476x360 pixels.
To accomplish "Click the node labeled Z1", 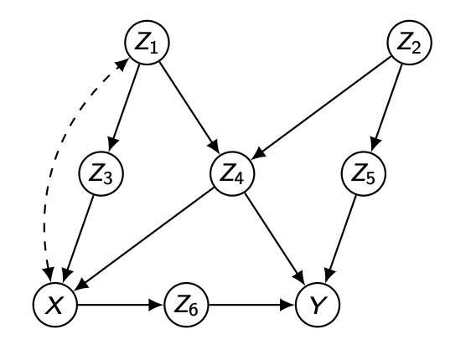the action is pyautogui.click(x=147, y=43).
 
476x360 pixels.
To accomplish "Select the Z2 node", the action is pyautogui.click(x=410, y=43).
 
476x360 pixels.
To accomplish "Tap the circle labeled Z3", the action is pyautogui.click(x=101, y=174).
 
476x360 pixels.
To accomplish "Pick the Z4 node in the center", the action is pyautogui.click(x=232, y=174).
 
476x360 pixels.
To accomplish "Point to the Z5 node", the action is pyautogui.click(x=364, y=174).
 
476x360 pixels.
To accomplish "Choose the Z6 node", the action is pyautogui.click(x=186, y=305).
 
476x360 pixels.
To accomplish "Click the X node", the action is pyautogui.click(x=55, y=305).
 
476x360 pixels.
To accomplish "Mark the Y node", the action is pyautogui.click(x=318, y=305).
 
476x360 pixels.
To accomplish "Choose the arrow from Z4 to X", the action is pyautogui.click(x=144, y=239).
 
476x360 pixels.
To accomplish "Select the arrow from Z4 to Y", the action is pyautogui.click(x=275, y=239).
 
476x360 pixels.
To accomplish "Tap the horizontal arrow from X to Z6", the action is pyautogui.click(x=121, y=305).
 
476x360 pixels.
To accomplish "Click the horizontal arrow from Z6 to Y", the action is pyautogui.click(x=252, y=305).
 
